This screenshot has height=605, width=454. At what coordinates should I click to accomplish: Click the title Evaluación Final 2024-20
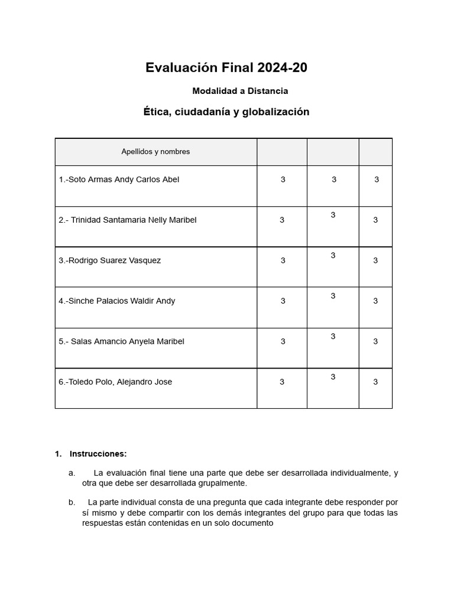click(226, 68)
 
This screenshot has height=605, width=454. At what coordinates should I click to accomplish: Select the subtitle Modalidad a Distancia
click(240, 91)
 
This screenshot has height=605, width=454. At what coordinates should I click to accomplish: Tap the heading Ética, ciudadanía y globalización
click(226, 112)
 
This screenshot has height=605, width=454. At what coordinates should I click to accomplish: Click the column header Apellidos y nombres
click(155, 152)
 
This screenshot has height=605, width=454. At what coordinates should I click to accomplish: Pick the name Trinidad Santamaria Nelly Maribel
click(128, 220)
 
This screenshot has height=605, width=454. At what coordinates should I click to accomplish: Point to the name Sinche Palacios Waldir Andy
click(117, 301)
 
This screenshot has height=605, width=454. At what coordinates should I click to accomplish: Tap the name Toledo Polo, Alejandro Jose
click(115, 382)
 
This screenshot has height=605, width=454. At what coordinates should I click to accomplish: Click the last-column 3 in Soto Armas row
click(377, 180)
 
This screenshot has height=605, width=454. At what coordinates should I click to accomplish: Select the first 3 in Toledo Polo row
click(282, 382)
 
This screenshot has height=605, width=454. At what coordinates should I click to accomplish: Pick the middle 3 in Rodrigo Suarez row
click(333, 255)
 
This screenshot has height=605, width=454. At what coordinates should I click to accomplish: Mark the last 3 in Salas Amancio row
click(375, 341)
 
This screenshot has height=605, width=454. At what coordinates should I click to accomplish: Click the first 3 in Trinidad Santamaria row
click(282, 220)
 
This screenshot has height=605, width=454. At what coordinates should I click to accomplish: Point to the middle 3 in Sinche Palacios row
click(333, 296)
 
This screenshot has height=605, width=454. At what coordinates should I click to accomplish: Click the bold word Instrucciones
click(98, 454)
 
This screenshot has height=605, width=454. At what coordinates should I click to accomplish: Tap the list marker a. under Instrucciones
click(72, 473)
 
